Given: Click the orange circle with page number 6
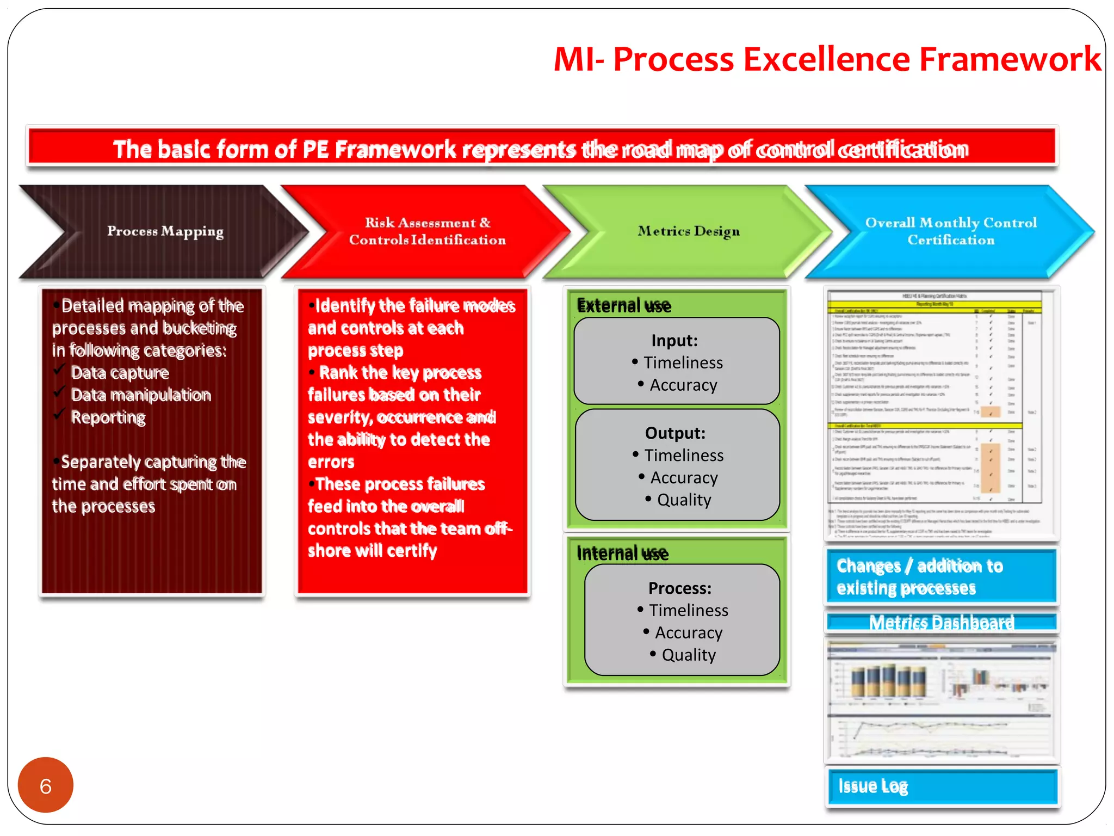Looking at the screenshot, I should coord(45,785).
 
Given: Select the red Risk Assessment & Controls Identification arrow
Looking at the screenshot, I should coord(427,231).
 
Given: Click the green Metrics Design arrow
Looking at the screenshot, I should coord(688,231).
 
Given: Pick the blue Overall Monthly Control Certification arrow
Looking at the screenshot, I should coord(950,231).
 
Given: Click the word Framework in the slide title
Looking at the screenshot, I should coord(1010,59).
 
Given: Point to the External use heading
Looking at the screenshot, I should coord(624,306).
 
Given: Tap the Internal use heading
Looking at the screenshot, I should coord(622,554).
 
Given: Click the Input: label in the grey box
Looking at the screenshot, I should coord(674,341).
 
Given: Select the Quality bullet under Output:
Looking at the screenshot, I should coord(684,500).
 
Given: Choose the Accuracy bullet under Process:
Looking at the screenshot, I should coord(688,632).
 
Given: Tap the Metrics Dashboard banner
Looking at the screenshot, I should coord(941,622).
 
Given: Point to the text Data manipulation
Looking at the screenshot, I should coord(141,395).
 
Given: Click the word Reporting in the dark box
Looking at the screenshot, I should coord(108,417).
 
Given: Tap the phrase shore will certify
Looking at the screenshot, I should coord(372,551).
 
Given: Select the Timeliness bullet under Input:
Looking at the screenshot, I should coord(683,363).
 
